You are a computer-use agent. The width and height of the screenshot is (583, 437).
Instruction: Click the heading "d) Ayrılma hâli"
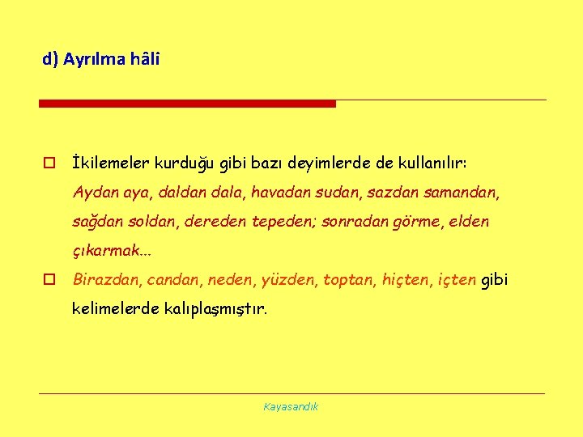click(x=101, y=59)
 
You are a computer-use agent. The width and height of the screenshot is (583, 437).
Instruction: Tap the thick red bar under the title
click(x=187, y=104)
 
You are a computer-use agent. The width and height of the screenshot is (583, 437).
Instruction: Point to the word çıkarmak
click(x=107, y=251)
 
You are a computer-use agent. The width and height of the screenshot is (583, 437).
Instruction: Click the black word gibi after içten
click(x=496, y=280)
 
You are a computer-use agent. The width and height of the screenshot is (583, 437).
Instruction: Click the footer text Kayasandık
click(x=291, y=406)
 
